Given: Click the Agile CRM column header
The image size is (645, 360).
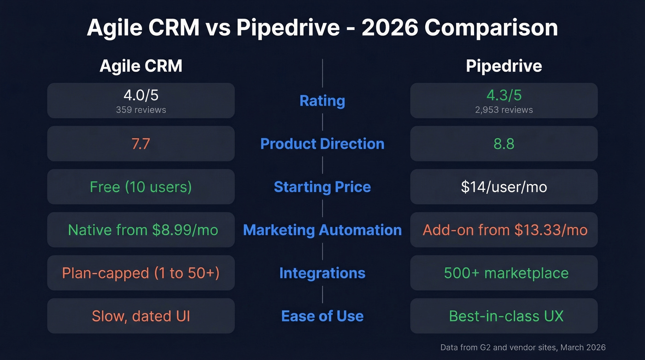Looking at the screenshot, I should click(x=141, y=66).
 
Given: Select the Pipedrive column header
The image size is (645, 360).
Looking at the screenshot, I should click(x=504, y=66).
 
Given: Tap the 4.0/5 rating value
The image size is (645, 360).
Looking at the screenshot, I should click(x=141, y=95).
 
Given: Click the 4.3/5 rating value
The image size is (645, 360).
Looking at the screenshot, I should click(x=504, y=95).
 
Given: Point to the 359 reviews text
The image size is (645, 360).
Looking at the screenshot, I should click(x=141, y=110).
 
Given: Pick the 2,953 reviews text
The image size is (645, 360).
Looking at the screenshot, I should click(x=504, y=110).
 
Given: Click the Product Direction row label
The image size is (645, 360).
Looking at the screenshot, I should click(x=322, y=144).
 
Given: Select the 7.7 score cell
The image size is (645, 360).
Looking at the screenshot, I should click(x=141, y=144).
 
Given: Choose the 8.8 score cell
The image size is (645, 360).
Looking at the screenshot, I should click(x=504, y=144).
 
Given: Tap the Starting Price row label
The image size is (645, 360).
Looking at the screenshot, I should click(x=322, y=187).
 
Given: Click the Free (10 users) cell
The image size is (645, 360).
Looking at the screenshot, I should click(x=141, y=187).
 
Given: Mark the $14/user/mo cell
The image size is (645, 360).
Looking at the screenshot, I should click(x=504, y=187).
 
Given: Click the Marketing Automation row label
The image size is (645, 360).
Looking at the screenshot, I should click(x=322, y=230).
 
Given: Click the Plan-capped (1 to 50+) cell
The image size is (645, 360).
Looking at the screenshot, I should click(x=141, y=273).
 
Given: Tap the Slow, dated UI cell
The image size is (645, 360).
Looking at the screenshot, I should click(x=141, y=316).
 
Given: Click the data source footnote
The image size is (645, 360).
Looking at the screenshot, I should click(x=522, y=348).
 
